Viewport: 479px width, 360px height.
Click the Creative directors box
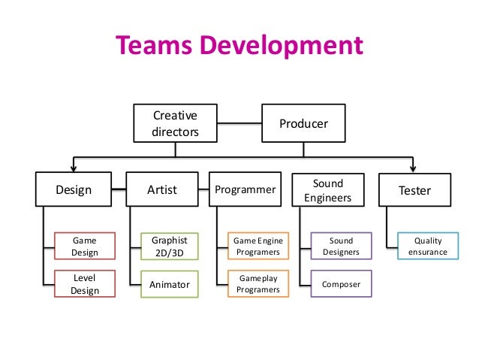pyautogui.click(x=175, y=124)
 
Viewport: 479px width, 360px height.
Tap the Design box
pyautogui.click(x=74, y=190)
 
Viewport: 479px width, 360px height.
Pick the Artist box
pyautogui.click(x=162, y=190)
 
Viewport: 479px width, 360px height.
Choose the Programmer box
pyautogui.click(x=246, y=190)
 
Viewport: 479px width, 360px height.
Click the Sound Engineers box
pyautogui.click(x=327, y=190)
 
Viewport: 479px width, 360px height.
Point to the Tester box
pyautogui.click(x=414, y=190)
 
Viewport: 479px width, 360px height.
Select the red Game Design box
pyautogui.click(x=85, y=247)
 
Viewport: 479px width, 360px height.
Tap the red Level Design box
pyautogui.click(x=85, y=284)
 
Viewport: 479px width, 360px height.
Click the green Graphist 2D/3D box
pyautogui.click(x=169, y=247)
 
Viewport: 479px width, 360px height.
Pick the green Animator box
pyautogui.click(x=169, y=285)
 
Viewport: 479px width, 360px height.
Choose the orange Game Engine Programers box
pyautogui.click(x=258, y=247)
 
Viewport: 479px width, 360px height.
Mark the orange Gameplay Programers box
pyautogui.click(x=258, y=284)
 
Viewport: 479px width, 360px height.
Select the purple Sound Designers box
pyautogui.click(x=341, y=247)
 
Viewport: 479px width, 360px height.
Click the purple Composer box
pyautogui.click(x=341, y=285)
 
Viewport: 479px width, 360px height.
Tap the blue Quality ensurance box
pyautogui.click(x=428, y=247)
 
